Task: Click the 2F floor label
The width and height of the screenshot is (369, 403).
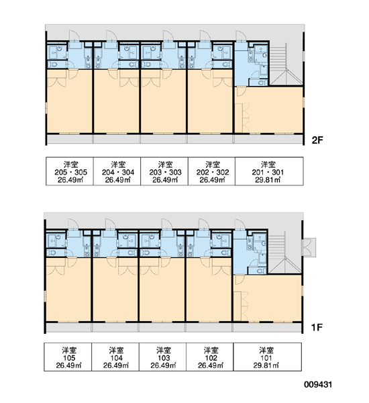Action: [317, 140]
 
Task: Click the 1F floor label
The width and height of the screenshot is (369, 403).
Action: [317, 327]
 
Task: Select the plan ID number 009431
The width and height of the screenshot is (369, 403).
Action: [318, 384]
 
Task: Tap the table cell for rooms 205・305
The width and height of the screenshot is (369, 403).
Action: [70, 171]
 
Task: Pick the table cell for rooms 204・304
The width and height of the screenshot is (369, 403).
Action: [117, 171]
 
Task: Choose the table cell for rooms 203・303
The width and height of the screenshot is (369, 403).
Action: [164, 171]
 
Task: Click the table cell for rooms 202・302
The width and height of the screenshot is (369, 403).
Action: [211, 171]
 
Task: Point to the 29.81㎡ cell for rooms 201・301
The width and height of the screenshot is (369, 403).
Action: [269, 171]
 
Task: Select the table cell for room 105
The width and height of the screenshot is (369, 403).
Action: [68, 357]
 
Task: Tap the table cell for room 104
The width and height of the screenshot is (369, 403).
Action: [115, 357]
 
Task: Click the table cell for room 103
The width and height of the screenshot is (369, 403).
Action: [162, 357]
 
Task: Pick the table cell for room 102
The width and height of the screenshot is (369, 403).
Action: [209, 357]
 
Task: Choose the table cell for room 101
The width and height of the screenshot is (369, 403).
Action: [267, 357]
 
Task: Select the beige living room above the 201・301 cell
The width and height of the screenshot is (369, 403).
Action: [269, 110]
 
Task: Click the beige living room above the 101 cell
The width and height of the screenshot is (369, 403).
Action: [267, 298]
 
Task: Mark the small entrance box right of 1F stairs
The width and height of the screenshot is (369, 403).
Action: [309, 247]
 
